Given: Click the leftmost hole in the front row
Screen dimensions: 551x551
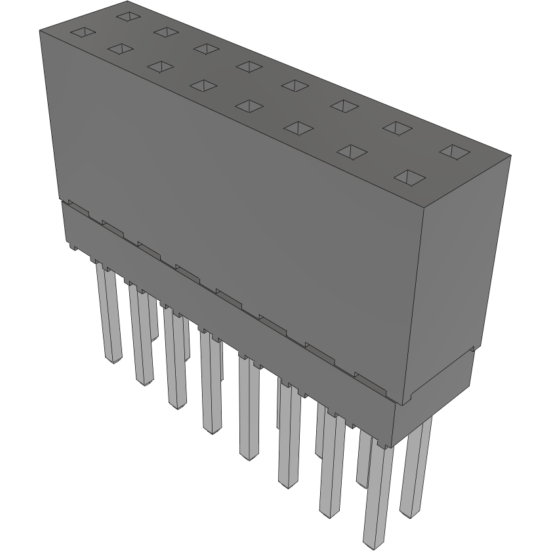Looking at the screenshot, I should pos(83,32).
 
